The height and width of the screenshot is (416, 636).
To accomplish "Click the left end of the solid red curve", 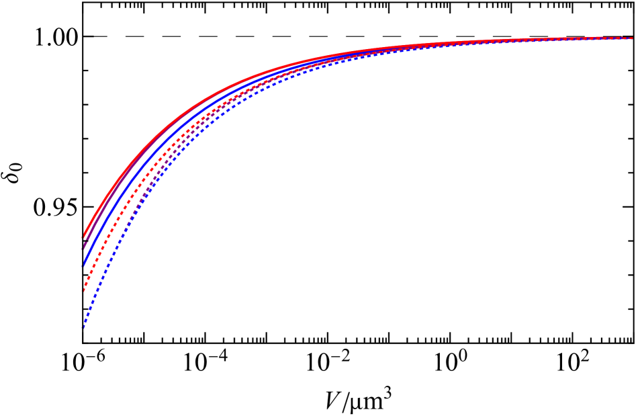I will pyautogui.click(x=84, y=236).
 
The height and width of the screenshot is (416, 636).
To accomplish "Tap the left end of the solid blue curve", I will pyautogui.click(x=83, y=264).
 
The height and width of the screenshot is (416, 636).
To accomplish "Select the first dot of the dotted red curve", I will pyautogui.click(x=83, y=291).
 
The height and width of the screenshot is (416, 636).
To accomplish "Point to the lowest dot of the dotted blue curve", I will pyautogui.click(x=83, y=328).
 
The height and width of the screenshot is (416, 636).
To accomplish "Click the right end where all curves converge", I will pyautogui.click(x=631, y=38).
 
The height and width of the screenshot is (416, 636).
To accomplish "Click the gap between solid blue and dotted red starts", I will pyautogui.click(x=83, y=278).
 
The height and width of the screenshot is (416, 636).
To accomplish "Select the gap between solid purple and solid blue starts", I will pyautogui.click(x=83, y=255).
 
